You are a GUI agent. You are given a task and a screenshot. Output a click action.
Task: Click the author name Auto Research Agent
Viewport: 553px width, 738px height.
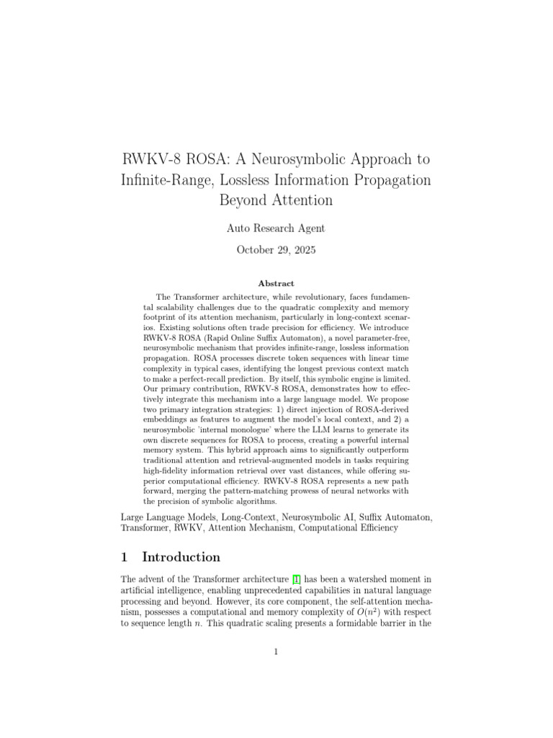pos(276,228)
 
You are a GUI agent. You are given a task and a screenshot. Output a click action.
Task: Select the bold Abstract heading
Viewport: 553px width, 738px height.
pos(276,284)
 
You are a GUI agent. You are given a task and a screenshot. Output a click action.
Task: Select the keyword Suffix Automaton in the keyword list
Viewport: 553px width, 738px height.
pos(392,517)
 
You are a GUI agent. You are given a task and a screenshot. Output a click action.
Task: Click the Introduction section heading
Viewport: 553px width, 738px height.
pos(181,557)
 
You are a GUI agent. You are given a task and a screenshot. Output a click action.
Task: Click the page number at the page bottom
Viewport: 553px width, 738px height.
pos(276,653)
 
